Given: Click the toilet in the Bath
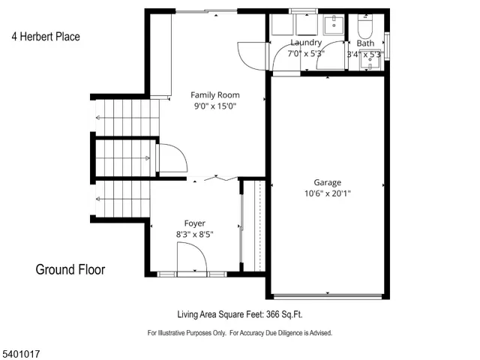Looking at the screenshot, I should [x=365, y=28].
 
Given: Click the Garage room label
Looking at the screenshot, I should [x=327, y=182].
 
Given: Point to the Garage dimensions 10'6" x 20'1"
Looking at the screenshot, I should [x=327, y=193].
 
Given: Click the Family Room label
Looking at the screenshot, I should [x=214, y=94].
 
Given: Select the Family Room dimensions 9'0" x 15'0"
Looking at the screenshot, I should [x=214, y=106].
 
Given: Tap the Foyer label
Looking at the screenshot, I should [x=195, y=223].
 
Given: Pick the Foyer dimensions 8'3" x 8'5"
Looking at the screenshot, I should [x=195, y=234].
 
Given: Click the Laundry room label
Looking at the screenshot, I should [x=305, y=43].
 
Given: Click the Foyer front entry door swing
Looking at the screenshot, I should [x=192, y=259].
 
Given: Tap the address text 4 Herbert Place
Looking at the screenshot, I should [x=46, y=36].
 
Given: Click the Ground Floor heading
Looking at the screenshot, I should [x=70, y=270].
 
